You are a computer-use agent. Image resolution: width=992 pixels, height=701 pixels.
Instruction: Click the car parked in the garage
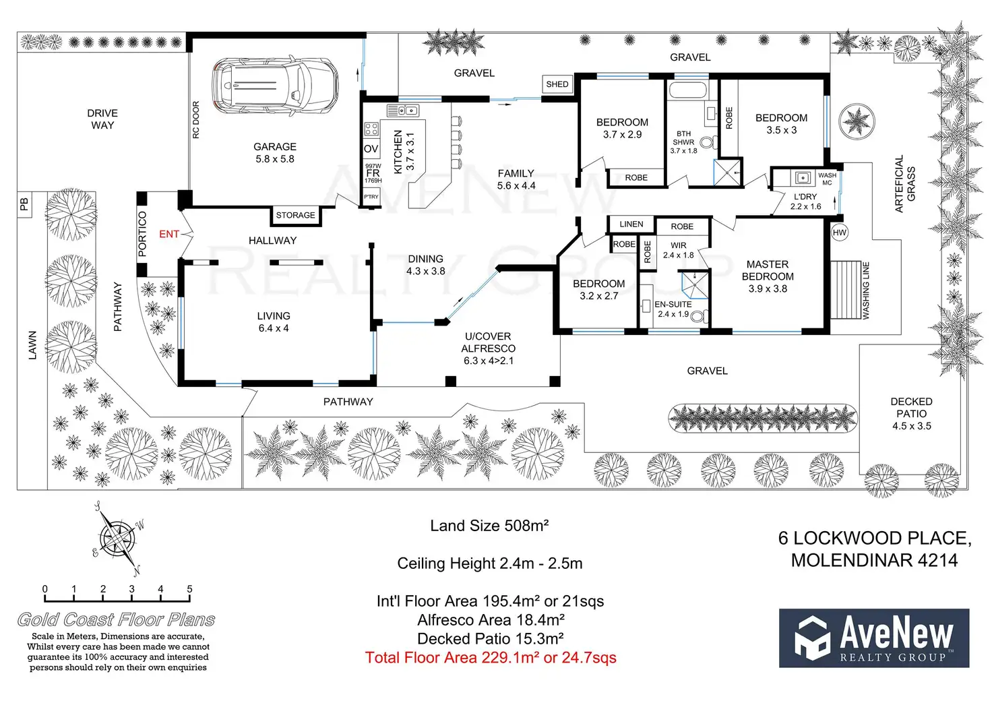275,85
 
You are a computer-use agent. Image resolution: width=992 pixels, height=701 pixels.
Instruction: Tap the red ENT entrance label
168,234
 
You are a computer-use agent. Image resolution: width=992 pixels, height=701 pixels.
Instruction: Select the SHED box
557,84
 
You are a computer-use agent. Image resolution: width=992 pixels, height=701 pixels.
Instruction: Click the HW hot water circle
839,233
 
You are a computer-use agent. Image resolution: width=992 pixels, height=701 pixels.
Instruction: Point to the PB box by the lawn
25,204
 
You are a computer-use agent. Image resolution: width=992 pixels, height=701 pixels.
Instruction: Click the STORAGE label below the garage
295,215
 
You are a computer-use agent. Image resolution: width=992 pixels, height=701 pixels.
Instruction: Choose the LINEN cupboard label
631,224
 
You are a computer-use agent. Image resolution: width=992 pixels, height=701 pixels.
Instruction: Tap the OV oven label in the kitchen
371,149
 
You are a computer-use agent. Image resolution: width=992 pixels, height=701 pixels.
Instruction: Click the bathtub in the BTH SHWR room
688,90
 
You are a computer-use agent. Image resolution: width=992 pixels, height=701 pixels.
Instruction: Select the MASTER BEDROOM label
768,270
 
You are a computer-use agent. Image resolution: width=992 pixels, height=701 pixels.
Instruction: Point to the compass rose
118,539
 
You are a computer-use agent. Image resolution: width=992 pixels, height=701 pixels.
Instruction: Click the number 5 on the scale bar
189,589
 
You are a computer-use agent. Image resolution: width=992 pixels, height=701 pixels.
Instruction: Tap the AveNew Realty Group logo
874,638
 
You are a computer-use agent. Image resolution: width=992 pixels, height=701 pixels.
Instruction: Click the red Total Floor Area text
490,658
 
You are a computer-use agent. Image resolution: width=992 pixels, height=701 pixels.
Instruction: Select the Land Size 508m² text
489,526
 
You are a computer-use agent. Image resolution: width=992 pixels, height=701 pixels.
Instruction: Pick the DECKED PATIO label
911,407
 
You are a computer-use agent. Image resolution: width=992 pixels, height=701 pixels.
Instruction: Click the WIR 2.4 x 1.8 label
679,250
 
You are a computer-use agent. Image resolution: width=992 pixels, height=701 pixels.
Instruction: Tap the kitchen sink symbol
403,111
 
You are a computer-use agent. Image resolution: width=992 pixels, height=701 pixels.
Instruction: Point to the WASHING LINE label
866,291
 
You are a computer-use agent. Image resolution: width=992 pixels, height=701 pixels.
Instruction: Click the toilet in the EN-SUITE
699,317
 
